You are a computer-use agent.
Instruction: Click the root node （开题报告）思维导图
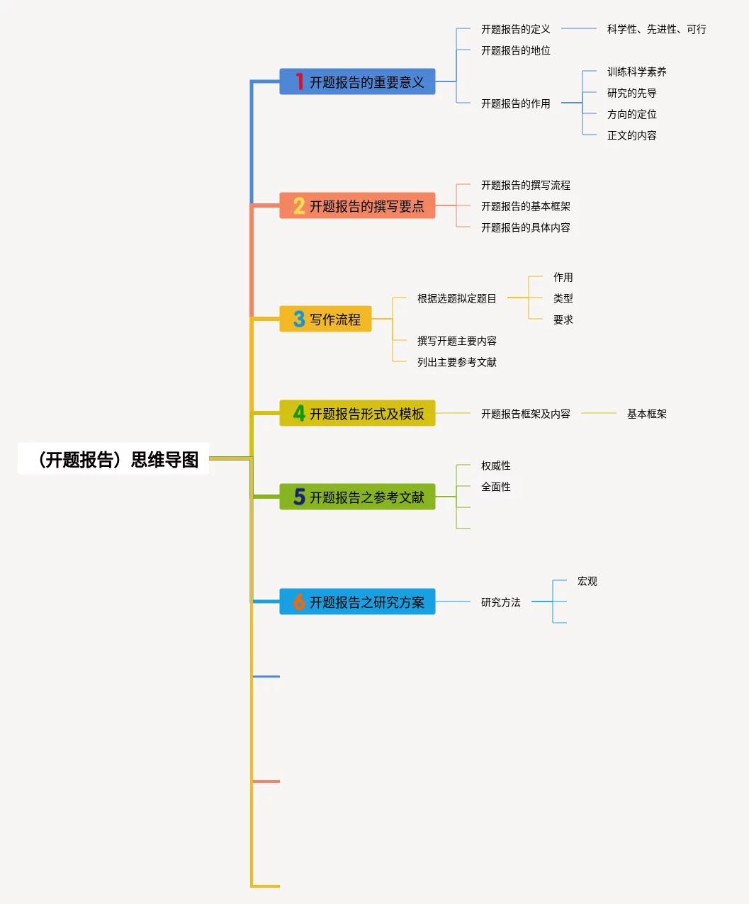[113, 460]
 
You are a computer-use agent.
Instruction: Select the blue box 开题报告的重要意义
[357, 82]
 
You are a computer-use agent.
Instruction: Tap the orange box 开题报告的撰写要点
[357, 206]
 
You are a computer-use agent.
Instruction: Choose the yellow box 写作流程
[326, 320]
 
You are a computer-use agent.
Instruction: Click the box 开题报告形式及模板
[357, 414]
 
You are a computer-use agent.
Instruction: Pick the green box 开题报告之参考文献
[357, 497]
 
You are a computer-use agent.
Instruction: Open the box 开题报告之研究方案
[357, 602]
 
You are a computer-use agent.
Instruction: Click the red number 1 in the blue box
[299, 82]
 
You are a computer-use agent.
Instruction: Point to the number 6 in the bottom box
[299, 602]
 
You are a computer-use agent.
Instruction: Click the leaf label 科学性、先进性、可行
[656, 29]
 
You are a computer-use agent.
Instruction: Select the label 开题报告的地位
[515, 50]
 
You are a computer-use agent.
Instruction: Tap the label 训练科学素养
[636, 72]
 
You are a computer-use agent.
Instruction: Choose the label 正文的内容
[631, 135]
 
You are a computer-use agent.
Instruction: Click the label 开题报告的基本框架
[525, 206]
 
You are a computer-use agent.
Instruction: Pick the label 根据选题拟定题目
[456, 298]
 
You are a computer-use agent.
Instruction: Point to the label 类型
[563, 298]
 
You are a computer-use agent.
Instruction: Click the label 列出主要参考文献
[456, 362]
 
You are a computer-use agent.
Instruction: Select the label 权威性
[495, 465]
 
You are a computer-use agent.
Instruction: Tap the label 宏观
[587, 581]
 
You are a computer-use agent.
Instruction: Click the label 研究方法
[500, 602]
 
